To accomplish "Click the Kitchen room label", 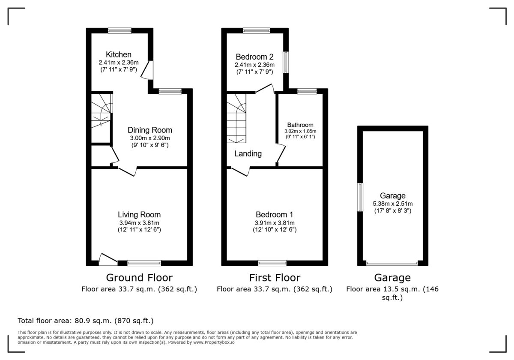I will point(119,54).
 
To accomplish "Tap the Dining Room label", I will point(150,130).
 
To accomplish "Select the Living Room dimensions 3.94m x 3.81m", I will point(139,223).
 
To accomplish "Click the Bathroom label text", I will point(300,125).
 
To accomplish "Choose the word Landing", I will point(248,153).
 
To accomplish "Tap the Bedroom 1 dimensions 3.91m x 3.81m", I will point(274,223).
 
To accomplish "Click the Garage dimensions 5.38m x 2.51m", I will point(393,204).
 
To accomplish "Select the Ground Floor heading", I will point(139,278).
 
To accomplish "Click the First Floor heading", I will point(275,278).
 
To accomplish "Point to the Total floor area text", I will point(85,321).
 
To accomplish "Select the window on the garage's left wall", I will point(360,197).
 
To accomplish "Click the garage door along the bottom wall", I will point(391,263).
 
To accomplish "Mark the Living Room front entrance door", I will point(108,259).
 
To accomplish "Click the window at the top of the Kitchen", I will point(120,30).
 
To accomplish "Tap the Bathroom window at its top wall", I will point(307,91).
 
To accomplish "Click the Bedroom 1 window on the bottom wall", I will point(272,263).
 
